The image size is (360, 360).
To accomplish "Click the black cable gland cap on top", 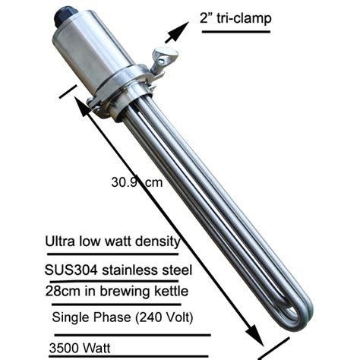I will click(x=62, y=14).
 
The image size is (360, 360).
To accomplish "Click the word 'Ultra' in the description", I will click(x=62, y=242).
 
